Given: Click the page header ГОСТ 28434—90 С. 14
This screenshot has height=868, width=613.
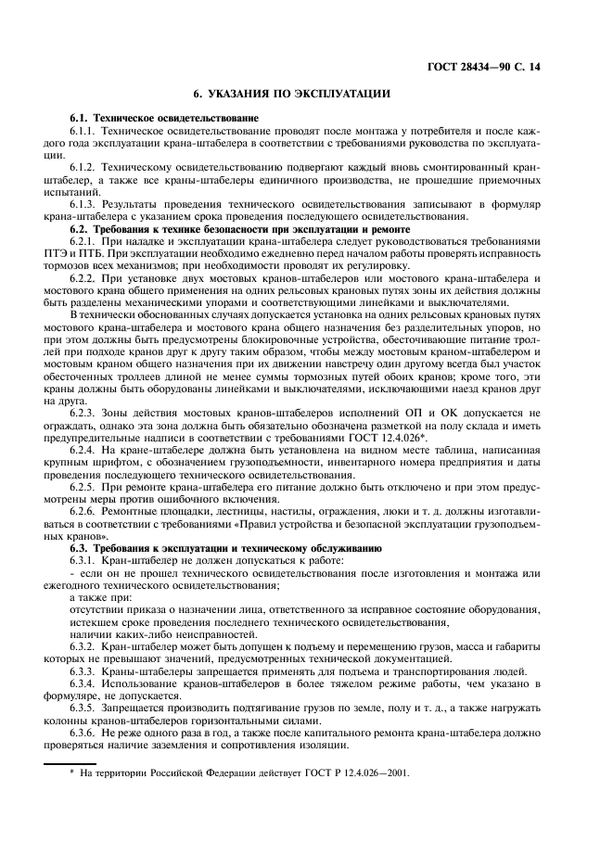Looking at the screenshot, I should (x=495, y=68).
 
